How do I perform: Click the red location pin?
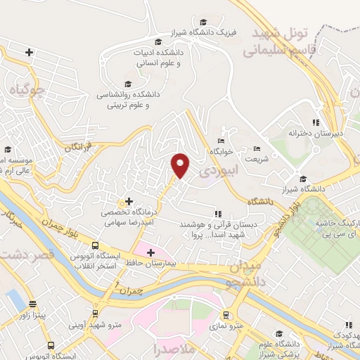click(181, 165)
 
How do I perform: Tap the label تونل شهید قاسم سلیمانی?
click(275, 41)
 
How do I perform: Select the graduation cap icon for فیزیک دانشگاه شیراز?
click(203, 22)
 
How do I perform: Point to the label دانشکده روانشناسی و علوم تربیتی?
click(134, 100)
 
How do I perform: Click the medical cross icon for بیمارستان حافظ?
click(150, 252)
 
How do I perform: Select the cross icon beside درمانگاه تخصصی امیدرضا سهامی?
click(129, 201)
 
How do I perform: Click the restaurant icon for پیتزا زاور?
click(33, 304)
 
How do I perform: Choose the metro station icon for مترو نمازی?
click(226, 315)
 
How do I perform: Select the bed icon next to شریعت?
click(257, 148)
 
